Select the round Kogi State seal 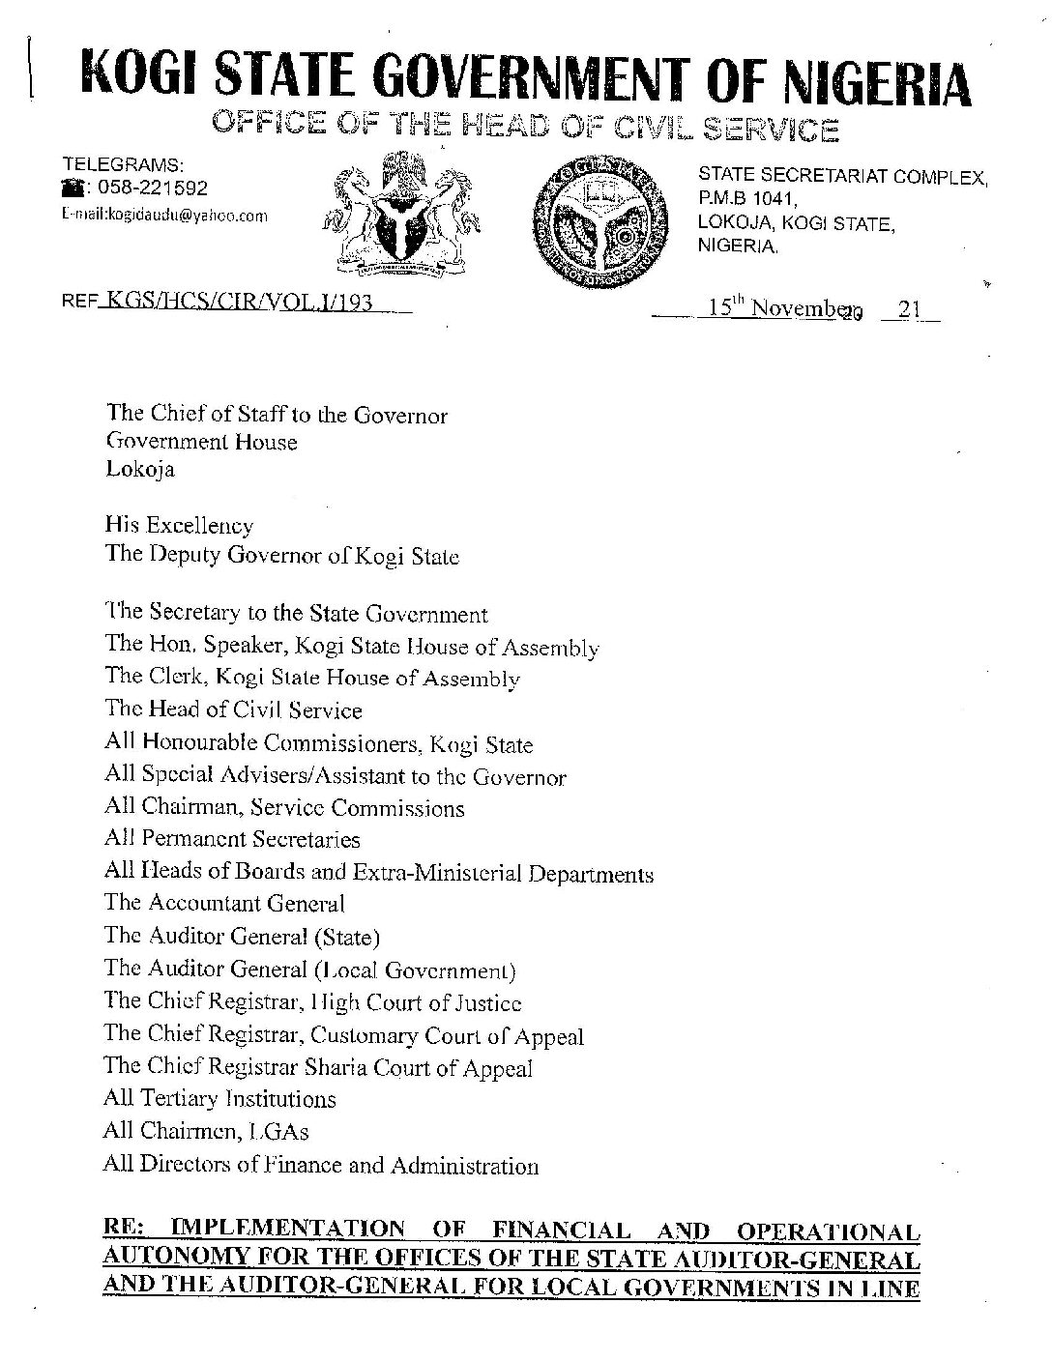coord(600,218)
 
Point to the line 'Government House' coord(201,443)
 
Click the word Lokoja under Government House coord(140,471)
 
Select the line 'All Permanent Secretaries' coord(232,839)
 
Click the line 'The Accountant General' coord(224,904)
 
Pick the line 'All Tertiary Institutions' coord(219,1099)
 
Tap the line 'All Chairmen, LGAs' coord(206,1130)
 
